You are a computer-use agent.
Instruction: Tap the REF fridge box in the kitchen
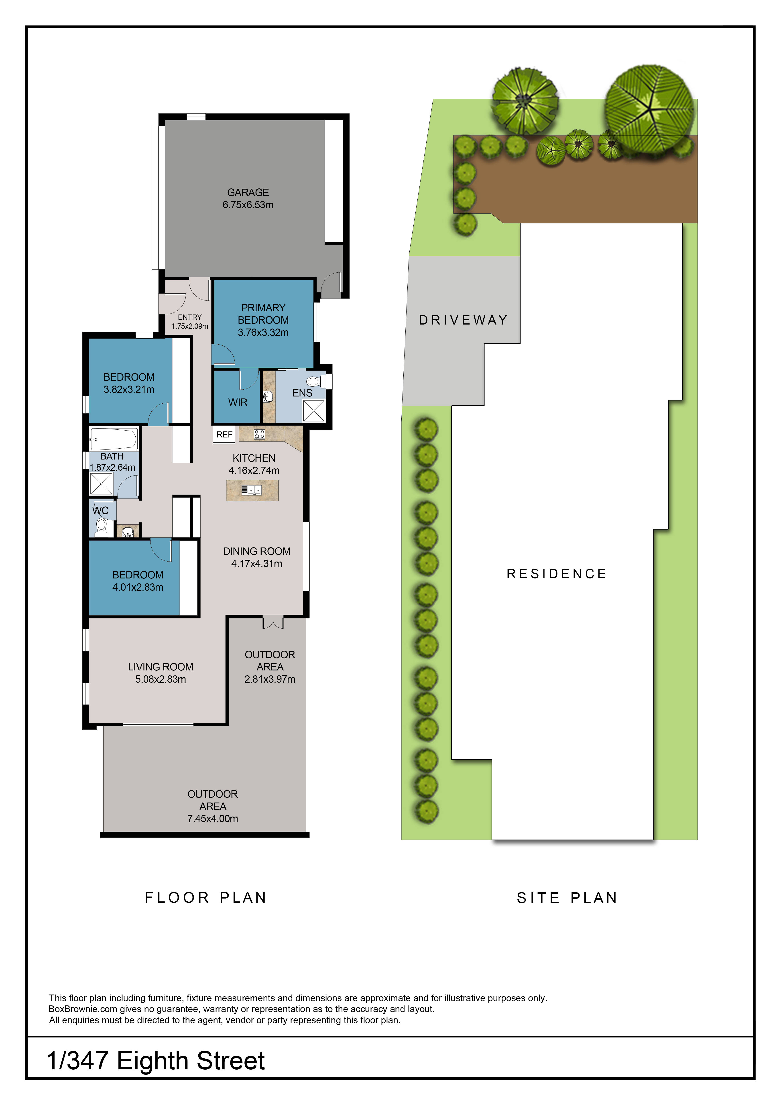click(x=224, y=435)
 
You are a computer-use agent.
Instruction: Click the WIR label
click(x=238, y=402)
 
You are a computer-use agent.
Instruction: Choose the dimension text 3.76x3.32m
click(x=263, y=333)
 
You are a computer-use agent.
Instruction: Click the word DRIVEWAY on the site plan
click(x=463, y=320)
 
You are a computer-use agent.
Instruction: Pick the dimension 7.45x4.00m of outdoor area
click(x=213, y=819)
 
